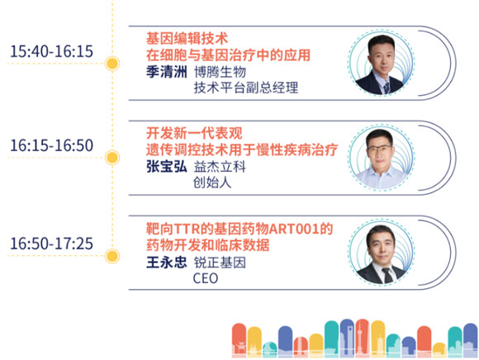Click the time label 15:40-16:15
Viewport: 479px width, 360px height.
coord(52,51)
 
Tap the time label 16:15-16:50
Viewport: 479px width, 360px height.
coord(52,145)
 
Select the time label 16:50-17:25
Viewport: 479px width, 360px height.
coord(52,244)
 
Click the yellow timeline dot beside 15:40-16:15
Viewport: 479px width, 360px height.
coord(112,64)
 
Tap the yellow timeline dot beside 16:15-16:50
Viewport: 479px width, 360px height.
coord(112,158)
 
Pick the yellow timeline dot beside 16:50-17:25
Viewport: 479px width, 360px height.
coord(112,256)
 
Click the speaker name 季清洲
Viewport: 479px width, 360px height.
coord(167,72)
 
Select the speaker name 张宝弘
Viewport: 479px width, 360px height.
coord(167,167)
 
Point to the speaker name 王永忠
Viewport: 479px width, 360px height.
coord(167,263)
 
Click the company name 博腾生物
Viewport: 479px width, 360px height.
coord(220,72)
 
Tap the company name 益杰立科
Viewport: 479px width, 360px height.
coord(220,167)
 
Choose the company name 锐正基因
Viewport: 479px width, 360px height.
coord(220,263)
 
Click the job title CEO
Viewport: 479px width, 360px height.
coord(206,278)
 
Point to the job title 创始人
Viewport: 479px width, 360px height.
coord(212,182)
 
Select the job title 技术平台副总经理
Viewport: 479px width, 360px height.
coord(246,88)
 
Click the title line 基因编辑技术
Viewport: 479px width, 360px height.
coord(187,39)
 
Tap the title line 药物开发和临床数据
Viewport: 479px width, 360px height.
coord(208,245)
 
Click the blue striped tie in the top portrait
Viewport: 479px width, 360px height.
coord(387,88)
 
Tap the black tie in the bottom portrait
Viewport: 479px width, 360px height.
coord(387,276)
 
